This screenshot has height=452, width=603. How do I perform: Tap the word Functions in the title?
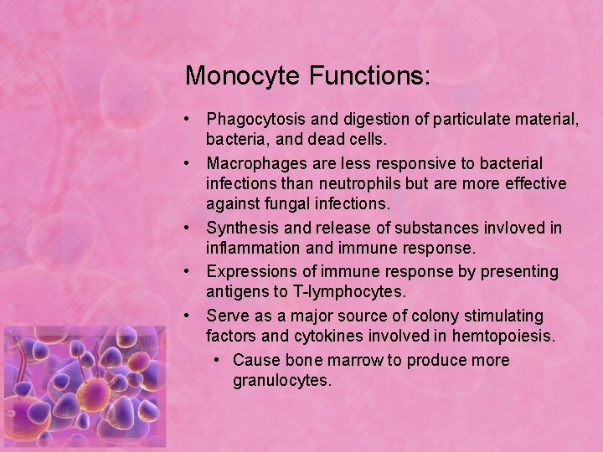[369, 76]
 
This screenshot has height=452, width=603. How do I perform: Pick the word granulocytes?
[282, 381]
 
